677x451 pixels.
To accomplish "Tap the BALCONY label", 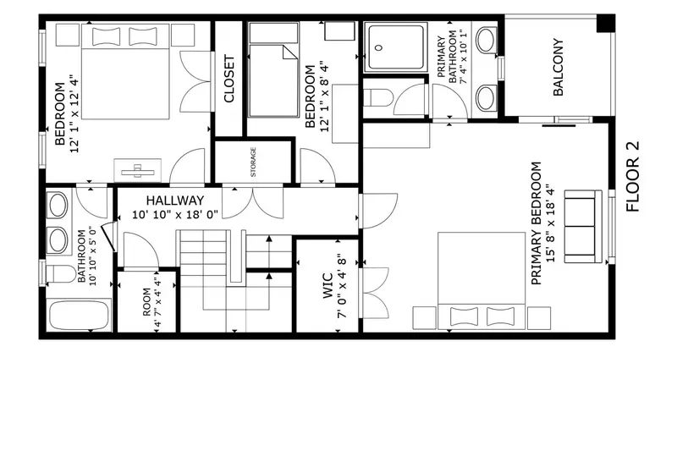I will pos(559,67).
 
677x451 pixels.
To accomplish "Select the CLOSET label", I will pos(229,79).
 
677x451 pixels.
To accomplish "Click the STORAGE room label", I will pos(252,162).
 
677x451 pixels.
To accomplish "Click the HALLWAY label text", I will pos(174,201).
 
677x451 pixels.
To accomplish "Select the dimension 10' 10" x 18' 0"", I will pos(175,215).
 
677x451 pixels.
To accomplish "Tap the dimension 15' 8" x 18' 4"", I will pos(550,223).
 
